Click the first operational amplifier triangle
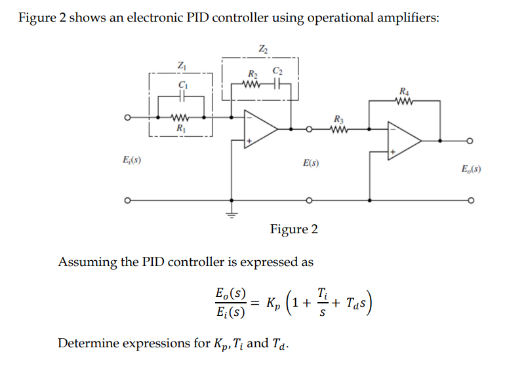(x=260, y=129)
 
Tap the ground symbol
(x=231, y=212)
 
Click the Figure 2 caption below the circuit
(x=294, y=229)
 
